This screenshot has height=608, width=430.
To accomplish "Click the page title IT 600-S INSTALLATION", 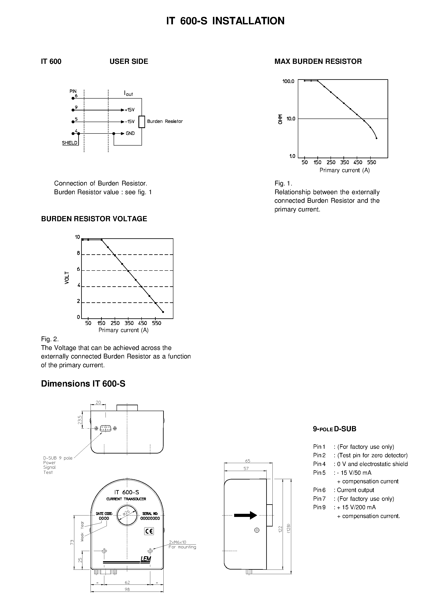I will pos(225,21).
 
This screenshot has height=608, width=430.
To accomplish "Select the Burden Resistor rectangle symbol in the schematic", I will pos(142,122).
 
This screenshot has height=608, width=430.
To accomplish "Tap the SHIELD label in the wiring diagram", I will pos(70,143).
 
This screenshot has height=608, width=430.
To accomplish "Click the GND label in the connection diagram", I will pos(130,133).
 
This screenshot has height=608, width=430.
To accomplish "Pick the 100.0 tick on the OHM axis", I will pos(288,81).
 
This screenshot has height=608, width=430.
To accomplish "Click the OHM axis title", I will pos(280,119).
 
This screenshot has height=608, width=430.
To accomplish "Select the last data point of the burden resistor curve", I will pos(377,138).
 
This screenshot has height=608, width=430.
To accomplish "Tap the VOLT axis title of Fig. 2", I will pos(67,278).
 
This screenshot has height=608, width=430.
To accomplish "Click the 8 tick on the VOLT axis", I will pos(78,253).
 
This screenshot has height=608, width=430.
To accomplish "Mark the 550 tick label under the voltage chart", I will pos(157,323).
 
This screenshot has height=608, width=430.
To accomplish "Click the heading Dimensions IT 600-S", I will pos(83,384).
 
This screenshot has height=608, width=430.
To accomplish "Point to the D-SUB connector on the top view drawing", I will pos(106,428).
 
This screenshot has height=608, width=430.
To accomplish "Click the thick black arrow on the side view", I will pos(245,515).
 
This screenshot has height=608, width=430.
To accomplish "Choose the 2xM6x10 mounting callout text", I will pos(178,542).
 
